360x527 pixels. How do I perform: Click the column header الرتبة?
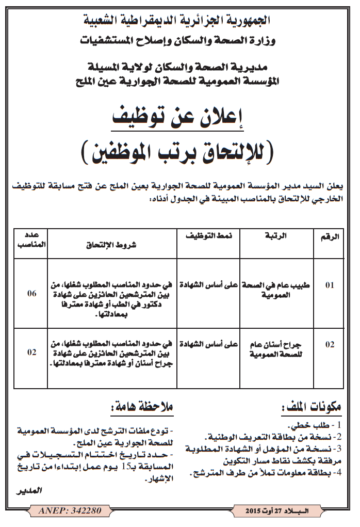pyautogui.click(x=278, y=236)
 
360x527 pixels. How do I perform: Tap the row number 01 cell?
pyautogui.click(x=330, y=284)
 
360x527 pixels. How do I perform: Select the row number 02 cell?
pyautogui.click(x=330, y=345)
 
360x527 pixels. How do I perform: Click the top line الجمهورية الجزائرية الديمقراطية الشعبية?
pyautogui.click(x=180, y=21)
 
